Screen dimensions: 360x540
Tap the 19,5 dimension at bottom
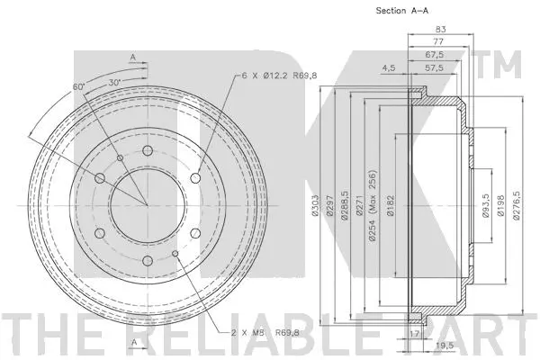coord(443,345)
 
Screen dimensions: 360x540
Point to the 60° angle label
coord(79,85)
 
